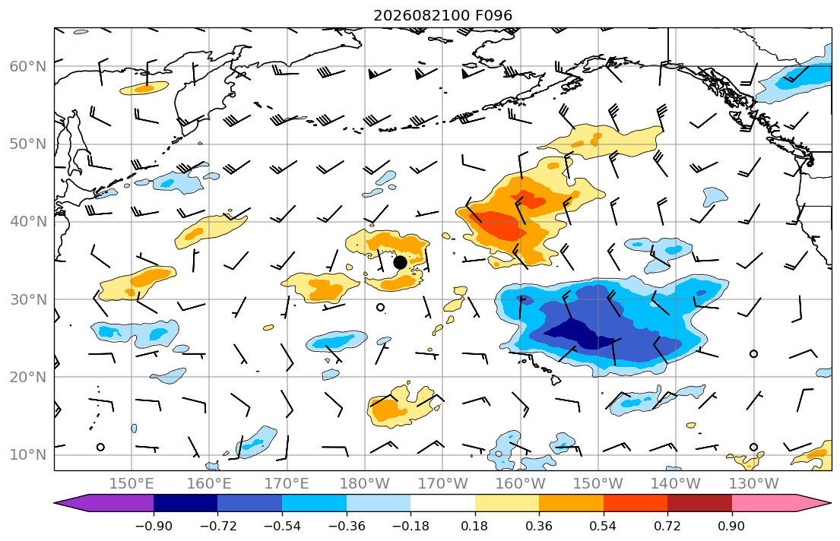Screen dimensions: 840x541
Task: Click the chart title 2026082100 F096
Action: [442, 15]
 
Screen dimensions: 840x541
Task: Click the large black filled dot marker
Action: [400, 262]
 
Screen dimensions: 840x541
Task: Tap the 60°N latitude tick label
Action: [28, 66]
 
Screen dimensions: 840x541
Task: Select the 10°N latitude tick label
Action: [28, 455]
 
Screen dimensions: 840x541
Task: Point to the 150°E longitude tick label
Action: [132, 484]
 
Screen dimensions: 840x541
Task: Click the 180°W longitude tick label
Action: [365, 484]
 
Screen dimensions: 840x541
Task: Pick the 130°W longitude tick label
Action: [754, 484]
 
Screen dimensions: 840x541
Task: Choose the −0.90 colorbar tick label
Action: [154, 526]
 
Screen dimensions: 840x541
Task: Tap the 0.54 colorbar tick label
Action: [604, 526]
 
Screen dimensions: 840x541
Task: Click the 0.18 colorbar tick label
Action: [474, 526]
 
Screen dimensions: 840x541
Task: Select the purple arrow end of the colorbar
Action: [104, 503]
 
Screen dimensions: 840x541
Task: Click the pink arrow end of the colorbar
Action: [781, 503]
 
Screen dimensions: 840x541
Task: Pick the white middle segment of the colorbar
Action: [442, 503]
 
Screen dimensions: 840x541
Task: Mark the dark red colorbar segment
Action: [699, 503]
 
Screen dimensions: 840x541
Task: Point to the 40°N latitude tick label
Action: [28, 222]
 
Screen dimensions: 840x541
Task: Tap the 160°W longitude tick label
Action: [520, 484]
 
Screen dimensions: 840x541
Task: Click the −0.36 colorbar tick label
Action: [347, 526]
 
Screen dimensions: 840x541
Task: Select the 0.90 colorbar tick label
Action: [732, 526]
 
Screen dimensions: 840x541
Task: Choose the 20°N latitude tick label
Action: [28, 377]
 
